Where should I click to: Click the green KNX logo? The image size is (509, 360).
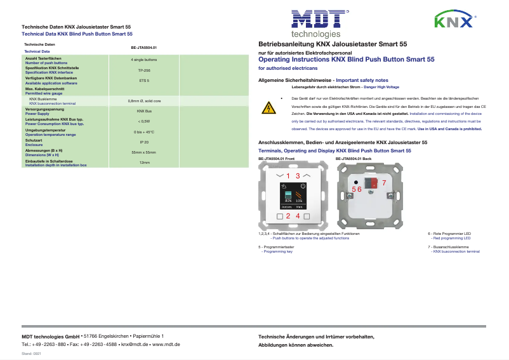(x=453, y=22)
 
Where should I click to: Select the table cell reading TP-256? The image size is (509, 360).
(x=144, y=70)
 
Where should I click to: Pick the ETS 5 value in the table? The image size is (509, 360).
(x=144, y=81)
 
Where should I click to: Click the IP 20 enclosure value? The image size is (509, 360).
(x=144, y=142)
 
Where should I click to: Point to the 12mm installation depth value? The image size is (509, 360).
(x=144, y=163)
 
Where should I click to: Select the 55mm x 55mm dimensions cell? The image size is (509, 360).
(x=144, y=152)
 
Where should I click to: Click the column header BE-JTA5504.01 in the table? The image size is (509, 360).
(x=144, y=48)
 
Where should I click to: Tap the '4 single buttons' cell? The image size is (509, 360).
(x=144, y=59)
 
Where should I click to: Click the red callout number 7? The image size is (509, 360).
(x=383, y=183)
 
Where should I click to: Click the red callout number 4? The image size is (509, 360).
(x=298, y=217)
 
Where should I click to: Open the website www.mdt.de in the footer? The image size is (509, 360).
(x=166, y=343)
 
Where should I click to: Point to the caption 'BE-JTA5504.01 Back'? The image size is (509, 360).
(x=353, y=158)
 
